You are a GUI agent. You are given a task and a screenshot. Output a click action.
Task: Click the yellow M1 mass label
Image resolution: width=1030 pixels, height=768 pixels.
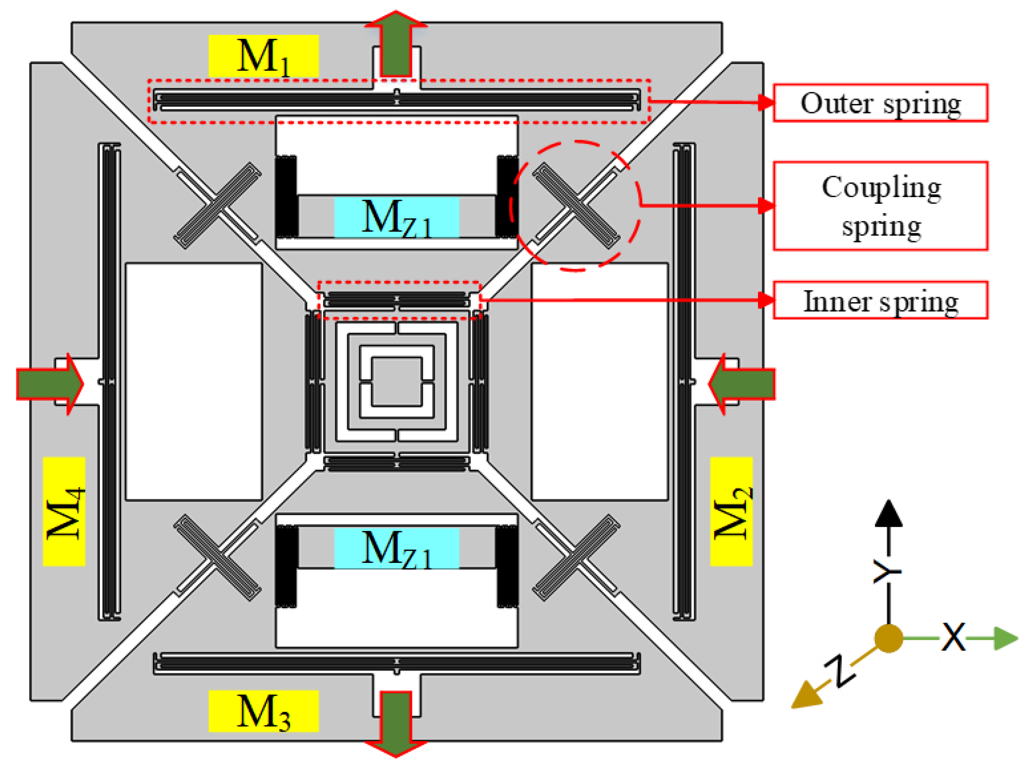263,56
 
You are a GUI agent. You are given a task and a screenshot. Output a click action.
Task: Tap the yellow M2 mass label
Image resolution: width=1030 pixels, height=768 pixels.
731,511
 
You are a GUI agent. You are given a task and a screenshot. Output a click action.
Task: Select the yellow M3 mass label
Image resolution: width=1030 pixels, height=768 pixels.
263,711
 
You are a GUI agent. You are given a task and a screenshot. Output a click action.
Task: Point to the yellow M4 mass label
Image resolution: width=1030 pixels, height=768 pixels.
64,511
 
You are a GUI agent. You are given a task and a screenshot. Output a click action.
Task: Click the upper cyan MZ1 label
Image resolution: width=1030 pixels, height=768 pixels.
397,217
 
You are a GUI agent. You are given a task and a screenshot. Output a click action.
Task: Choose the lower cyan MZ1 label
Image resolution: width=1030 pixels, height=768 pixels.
397,548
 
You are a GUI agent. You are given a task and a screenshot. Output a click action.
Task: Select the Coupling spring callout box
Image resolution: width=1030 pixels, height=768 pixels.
880,206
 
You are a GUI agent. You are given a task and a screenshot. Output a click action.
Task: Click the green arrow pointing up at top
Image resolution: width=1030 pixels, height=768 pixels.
396,46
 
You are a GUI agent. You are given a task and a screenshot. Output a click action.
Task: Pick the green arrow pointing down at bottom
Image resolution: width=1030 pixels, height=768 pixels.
396,723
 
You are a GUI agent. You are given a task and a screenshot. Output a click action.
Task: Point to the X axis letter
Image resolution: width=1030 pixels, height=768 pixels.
953,637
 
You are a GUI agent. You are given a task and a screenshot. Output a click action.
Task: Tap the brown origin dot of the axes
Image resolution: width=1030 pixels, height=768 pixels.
888,638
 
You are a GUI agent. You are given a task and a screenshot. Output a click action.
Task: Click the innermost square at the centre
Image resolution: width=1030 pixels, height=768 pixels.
397,382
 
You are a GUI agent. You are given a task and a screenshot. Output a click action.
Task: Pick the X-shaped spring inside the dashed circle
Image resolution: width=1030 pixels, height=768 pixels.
576,206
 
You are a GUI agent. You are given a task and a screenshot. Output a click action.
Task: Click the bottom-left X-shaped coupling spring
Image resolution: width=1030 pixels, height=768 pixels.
217,557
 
